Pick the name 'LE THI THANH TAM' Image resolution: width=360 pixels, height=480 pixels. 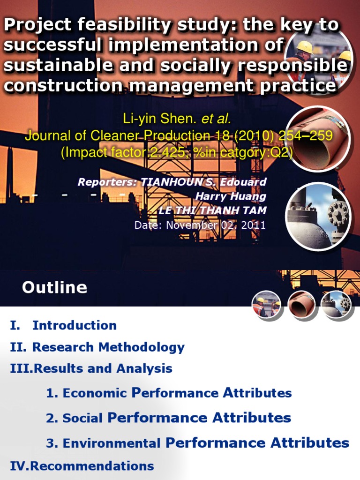tap(212, 210)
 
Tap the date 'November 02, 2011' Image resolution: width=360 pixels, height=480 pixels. tap(214, 225)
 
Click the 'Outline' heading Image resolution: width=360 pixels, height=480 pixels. tap(54, 287)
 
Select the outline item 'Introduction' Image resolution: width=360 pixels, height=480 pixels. tap(75, 325)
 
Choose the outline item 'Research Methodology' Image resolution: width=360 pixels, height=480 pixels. tap(108, 347)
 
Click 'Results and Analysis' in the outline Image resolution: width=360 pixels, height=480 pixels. tap(103, 369)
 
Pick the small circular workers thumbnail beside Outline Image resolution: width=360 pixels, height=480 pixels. tap(266, 305)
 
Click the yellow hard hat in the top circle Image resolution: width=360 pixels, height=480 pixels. tap(305, 46)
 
